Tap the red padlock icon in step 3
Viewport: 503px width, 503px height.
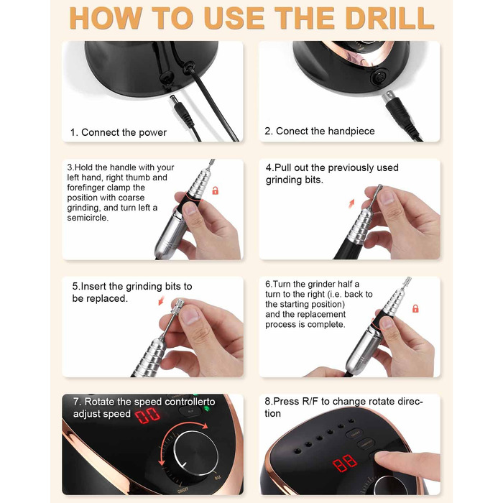click(x=216, y=190)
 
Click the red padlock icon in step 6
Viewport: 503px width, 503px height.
click(x=415, y=308)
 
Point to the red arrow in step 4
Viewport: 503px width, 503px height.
click(x=352, y=203)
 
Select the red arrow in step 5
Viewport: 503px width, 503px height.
click(x=162, y=300)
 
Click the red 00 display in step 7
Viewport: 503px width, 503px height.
click(x=147, y=416)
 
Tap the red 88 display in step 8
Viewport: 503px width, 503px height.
click(x=345, y=463)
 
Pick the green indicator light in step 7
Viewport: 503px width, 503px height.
click(x=207, y=409)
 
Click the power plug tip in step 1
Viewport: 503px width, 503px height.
click(x=172, y=98)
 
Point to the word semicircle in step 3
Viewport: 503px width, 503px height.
click(x=88, y=218)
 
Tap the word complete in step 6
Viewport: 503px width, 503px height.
click(x=329, y=325)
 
